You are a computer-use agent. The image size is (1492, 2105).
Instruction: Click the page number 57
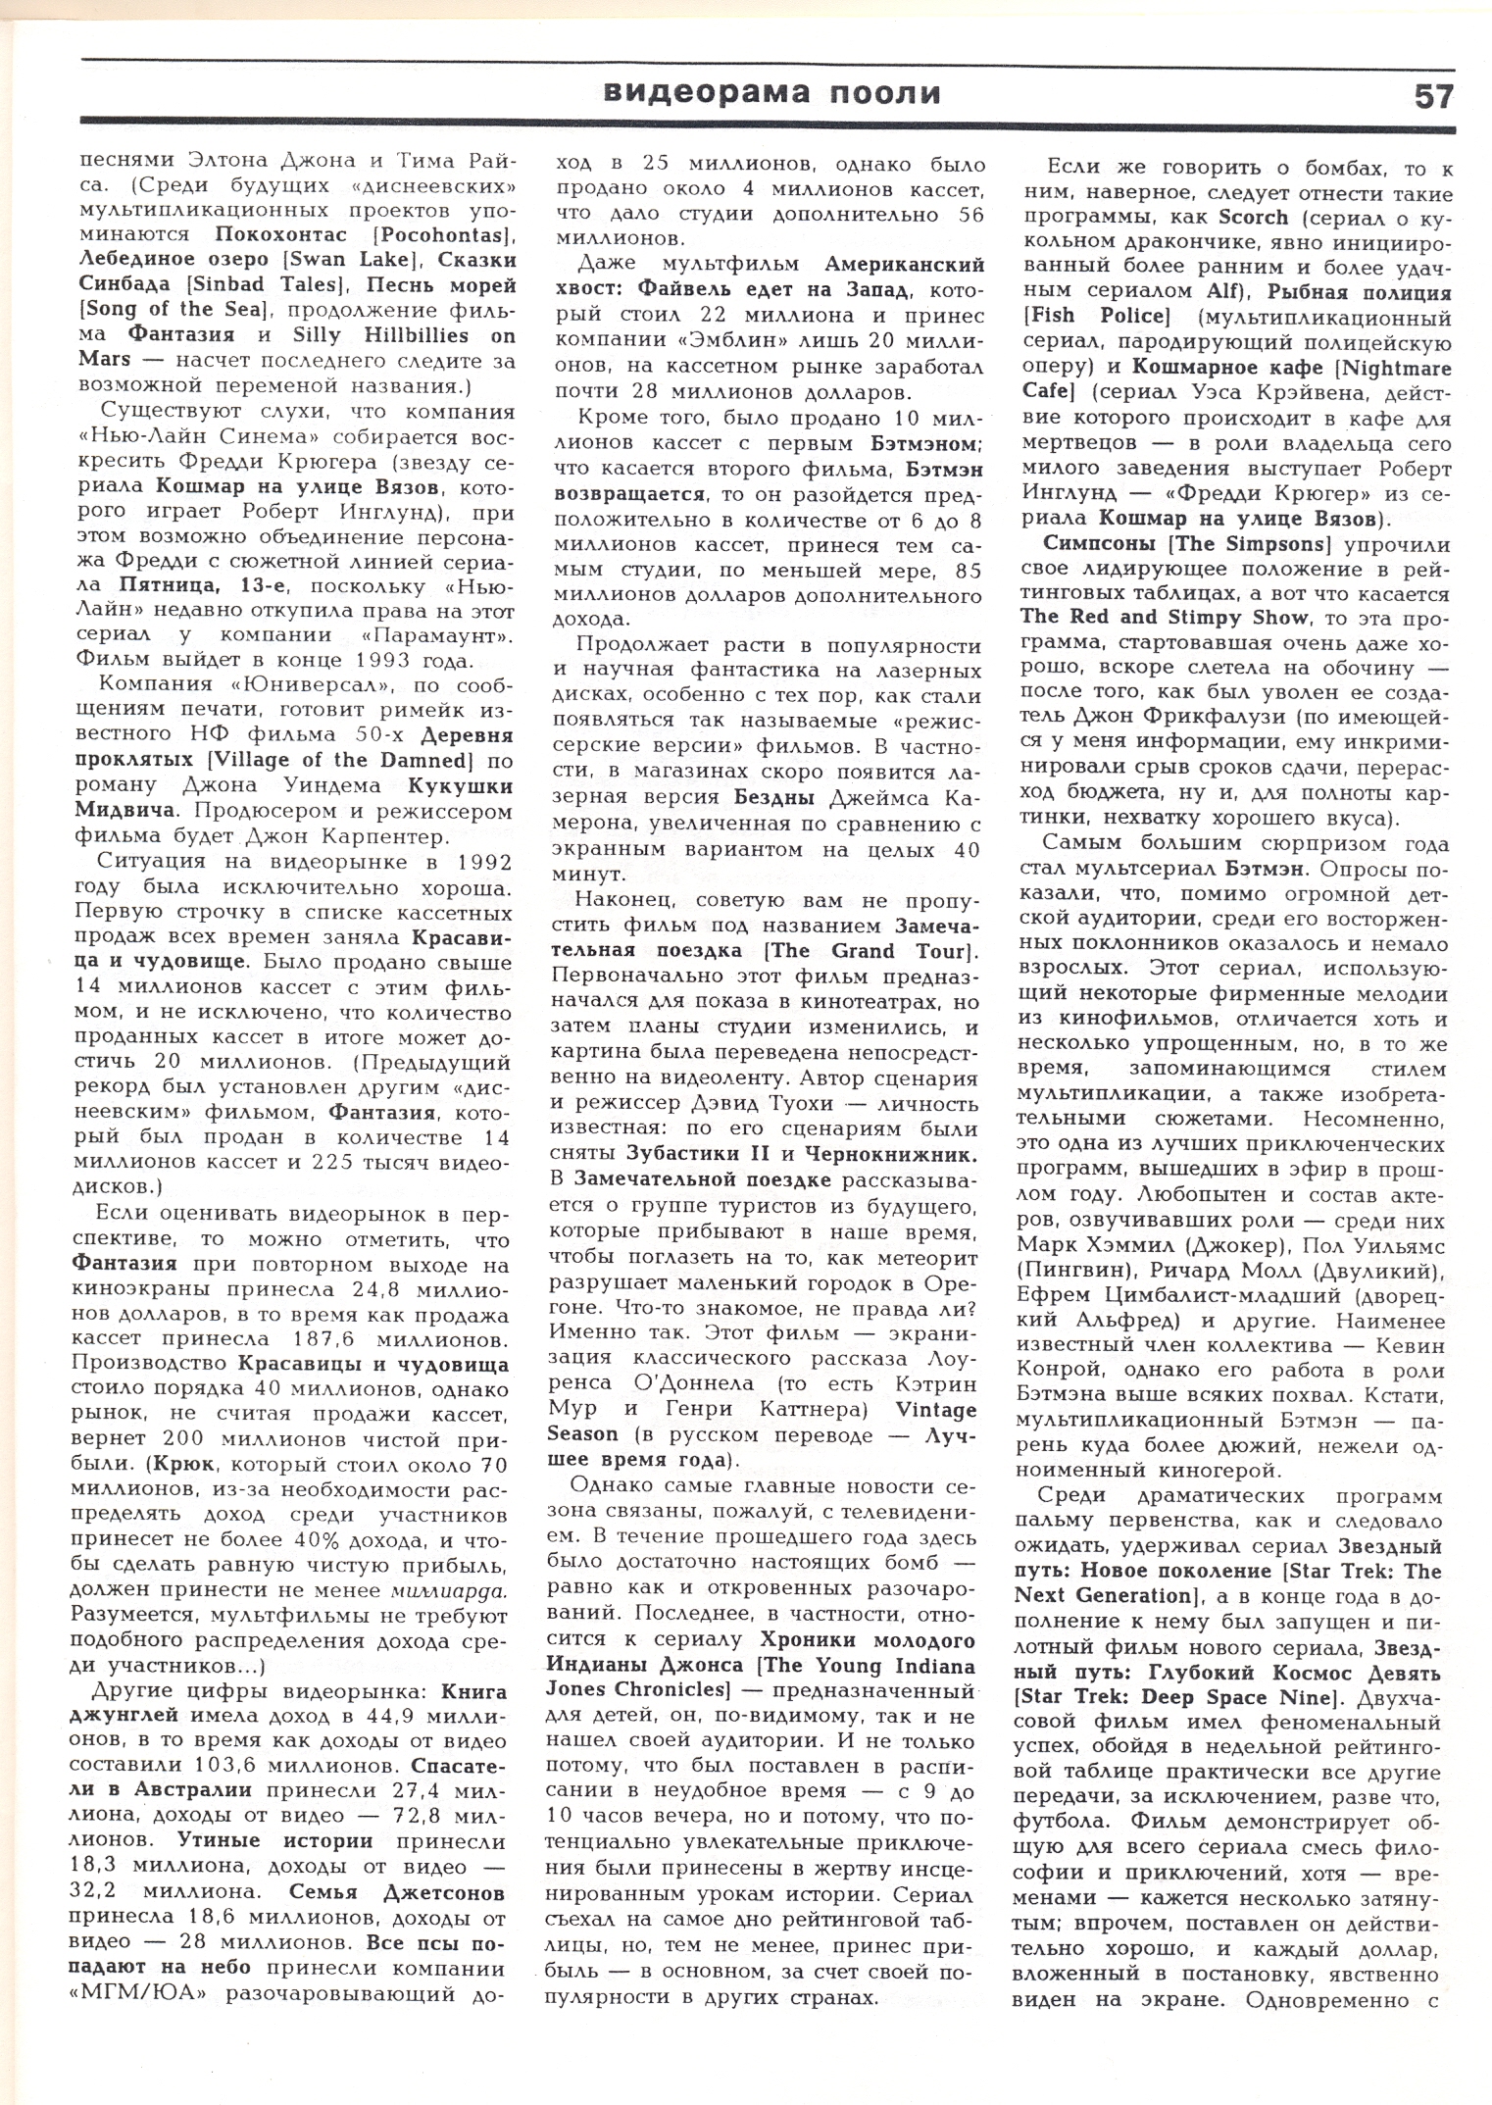1433,95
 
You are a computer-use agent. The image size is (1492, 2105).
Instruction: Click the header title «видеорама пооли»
771,93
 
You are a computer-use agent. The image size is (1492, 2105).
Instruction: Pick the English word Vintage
937,1410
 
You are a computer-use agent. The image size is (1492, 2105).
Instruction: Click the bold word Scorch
1266,216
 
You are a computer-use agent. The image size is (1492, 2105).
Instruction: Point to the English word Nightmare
1394,368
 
